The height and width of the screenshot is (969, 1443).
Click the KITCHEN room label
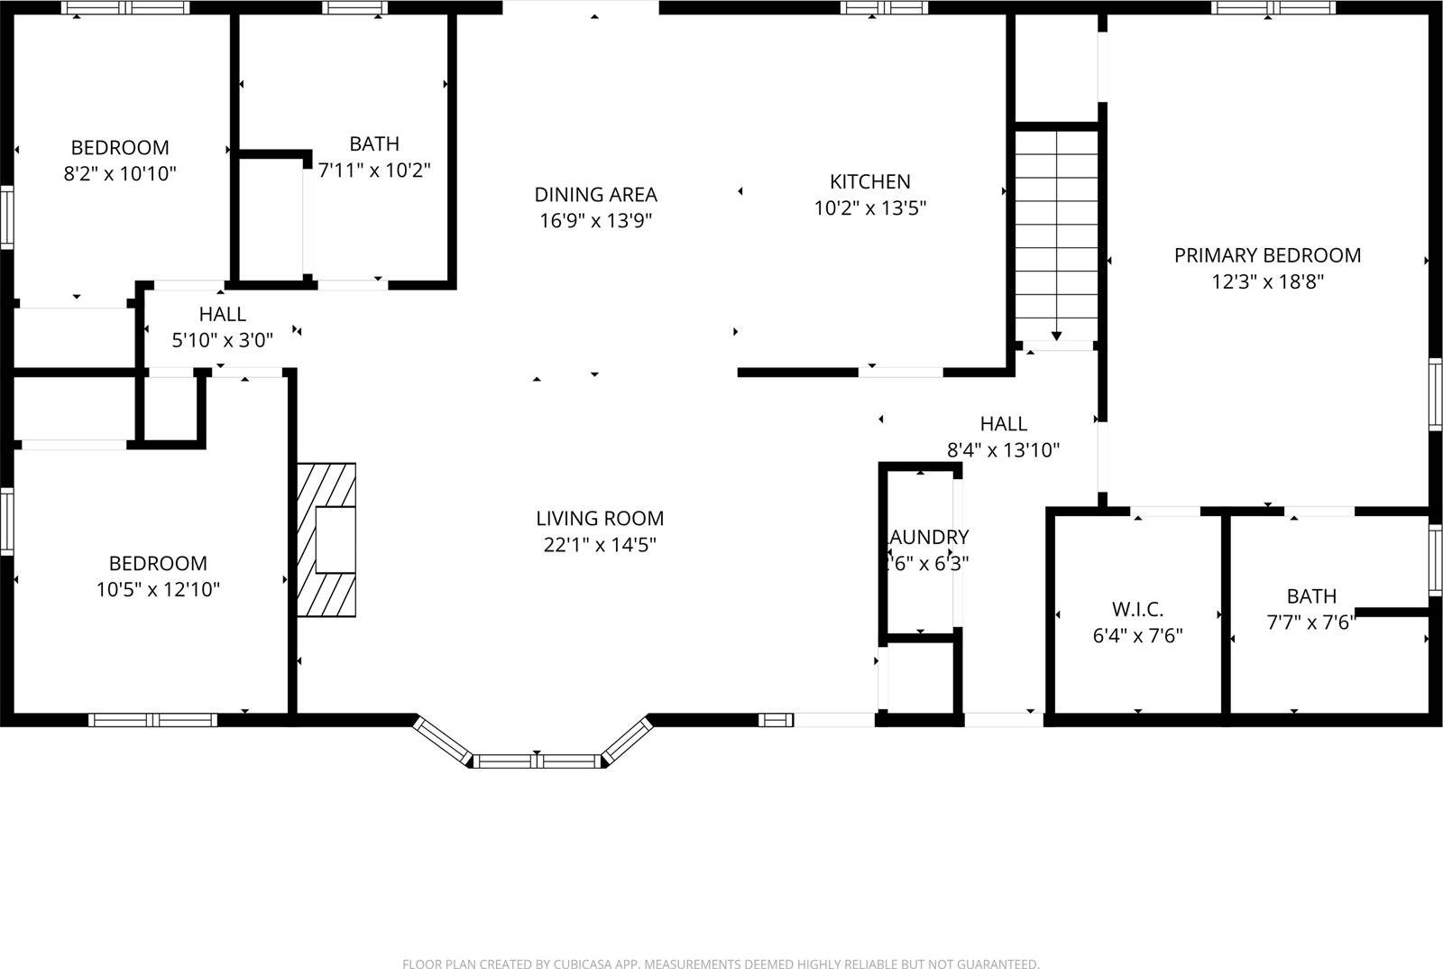pyautogui.click(x=870, y=181)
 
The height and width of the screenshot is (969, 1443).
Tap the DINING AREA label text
pyautogui.click(x=595, y=194)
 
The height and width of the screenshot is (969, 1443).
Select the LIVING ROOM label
pyautogui.click(x=600, y=518)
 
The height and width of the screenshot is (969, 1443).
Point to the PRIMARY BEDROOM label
pyautogui.click(x=1267, y=255)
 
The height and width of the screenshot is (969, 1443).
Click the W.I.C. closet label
pyautogui.click(x=1136, y=608)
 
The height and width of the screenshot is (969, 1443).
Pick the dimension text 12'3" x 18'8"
pyautogui.click(x=1267, y=281)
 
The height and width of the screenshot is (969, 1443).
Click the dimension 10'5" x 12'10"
pyautogui.click(x=158, y=589)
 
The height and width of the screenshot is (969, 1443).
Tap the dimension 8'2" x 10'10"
pyautogui.click(x=119, y=173)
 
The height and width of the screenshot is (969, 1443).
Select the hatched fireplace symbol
pyautogui.click(x=326, y=540)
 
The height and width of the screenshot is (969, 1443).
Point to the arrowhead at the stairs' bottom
pyautogui.click(x=1056, y=337)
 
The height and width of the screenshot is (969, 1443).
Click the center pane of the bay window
pyautogui.click(x=538, y=761)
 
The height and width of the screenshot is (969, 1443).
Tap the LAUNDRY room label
pyautogui.click(x=928, y=538)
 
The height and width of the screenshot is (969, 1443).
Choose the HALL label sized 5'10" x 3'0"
pyautogui.click(x=222, y=314)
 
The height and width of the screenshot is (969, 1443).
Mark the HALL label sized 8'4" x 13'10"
pyautogui.click(x=1003, y=423)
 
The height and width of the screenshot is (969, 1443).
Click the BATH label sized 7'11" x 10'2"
pyautogui.click(x=374, y=143)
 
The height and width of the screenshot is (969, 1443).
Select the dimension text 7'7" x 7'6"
pyautogui.click(x=1311, y=623)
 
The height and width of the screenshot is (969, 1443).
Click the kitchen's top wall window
pyautogui.click(x=884, y=8)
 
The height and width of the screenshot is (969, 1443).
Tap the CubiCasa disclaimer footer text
pyautogui.click(x=721, y=964)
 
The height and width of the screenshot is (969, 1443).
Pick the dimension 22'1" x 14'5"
pyautogui.click(x=600, y=544)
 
